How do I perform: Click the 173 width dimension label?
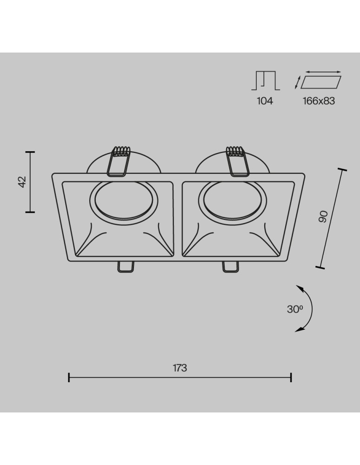(x=180, y=368)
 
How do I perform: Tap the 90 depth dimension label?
(x=324, y=217)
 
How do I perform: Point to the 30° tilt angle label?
(x=295, y=309)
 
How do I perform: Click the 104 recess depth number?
(x=265, y=100)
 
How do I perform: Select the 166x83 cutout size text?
(x=319, y=100)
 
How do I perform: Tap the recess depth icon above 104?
(x=266, y=80)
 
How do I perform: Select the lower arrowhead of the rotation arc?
(x=299, y=330)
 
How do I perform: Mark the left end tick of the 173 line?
(x=69, y=377)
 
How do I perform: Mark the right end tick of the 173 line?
(x=291, y=377)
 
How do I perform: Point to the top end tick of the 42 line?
(x=30, y=152)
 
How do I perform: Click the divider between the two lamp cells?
(x=179, y=219)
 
